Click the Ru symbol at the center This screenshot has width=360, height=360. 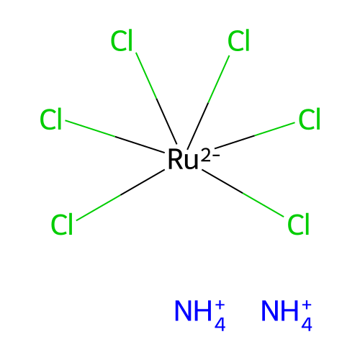click(183, 159)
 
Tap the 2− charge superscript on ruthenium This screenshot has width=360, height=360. click(210, 156)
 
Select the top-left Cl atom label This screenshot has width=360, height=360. click(122, 41)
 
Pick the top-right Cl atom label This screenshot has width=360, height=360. click(238, 41)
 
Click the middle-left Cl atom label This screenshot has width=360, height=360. click(51, 120)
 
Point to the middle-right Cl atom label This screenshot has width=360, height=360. click(310, 120)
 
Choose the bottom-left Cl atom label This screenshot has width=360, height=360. click(62, 224)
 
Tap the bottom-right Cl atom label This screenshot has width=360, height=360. click(298, 224)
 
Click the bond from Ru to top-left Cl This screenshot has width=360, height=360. click(156, 98)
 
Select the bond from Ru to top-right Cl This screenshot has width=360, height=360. click(209, 102)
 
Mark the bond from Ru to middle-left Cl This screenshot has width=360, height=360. click(114, 136)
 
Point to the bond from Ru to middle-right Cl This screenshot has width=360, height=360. click(255, 135)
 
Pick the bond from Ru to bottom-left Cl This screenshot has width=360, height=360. click(120, 195)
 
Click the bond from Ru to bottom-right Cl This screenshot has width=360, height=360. click(243, 193)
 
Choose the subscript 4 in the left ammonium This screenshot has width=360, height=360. click(220, 324)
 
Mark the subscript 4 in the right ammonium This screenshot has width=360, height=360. click(307, 324)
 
